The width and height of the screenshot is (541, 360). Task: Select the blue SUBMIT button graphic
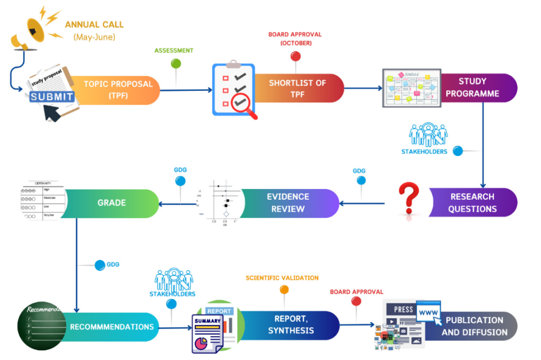(x=52, y=97)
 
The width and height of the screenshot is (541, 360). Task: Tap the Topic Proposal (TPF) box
(x=118, y=89)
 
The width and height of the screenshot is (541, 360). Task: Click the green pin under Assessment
(x=176, y=64)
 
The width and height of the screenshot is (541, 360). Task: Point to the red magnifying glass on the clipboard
(x=241, y=103)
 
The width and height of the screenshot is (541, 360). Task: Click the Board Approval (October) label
(x=295, y=38)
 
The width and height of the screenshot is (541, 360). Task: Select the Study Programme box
(x=476, y=88)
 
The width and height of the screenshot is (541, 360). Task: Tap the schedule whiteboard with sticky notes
(x=411, y=88)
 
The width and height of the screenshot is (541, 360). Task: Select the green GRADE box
(x=111, y=203)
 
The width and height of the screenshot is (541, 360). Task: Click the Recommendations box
(x=111, y=326)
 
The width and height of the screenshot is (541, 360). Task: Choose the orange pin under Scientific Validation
(x=284, y=290)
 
